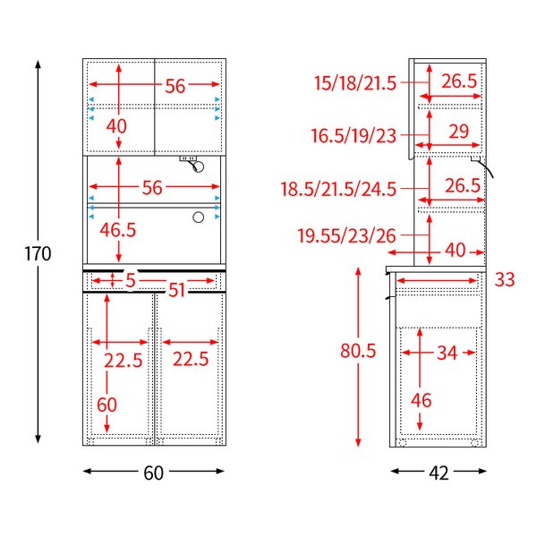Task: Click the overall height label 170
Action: (x=38, y=254)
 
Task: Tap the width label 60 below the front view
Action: (x=153, y=473)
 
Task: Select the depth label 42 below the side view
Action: (x=439, y=473)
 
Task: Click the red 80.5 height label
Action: (x=358, y=351)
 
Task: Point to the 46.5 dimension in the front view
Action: (x=118, y=230)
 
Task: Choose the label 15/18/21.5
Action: (x=355, y=83)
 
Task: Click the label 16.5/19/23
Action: (x=354, y=135)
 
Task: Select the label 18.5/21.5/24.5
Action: (x=338, y=189)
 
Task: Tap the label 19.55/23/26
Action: (x=346, y=236)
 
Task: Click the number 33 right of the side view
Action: (x=505, y=280)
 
